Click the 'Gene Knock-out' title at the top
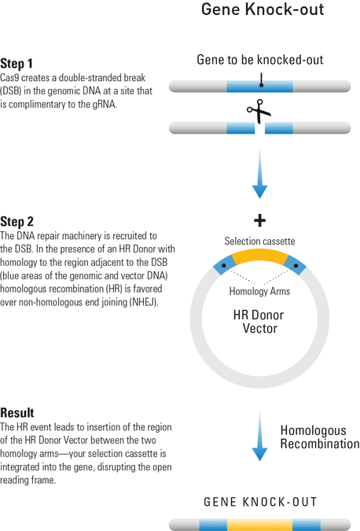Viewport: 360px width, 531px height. pyautogui.click(x=263, y=9)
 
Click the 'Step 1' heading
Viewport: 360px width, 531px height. pyautogui.click(x=17, y=64)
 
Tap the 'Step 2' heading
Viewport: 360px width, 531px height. pyautogui.click(x=17, y=222)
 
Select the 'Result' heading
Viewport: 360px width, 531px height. pyautogui.click(x=17, y=413)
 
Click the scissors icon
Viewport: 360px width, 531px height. pyautogui.click(x=259, y=111)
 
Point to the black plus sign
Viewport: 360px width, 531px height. pyautogui.click(x=259, y=220)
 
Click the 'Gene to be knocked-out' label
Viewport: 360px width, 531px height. pyautogui.click(x=260, y=60)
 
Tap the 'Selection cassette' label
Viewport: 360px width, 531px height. pyautogui.click(x=259, y=242)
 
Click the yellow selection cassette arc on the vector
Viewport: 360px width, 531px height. pyautogui.click(x=259, y=256)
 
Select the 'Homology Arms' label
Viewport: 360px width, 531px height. pyautogui.click(x=259, y=291)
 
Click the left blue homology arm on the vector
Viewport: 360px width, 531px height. pyautogui.click(x=224, y=265)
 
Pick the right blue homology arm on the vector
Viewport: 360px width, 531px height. pyautogui.click(x=295, y=265)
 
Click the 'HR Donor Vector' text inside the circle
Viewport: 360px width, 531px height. pyautogui.click(x=259, y=322)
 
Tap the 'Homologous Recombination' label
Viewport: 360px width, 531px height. pyautogui.click(x=320, y=437)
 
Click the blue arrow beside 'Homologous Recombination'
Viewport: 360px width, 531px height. pyautogui.click(x=260, y=435)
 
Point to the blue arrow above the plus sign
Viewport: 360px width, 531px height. pyautogui.click(x=260, y=173)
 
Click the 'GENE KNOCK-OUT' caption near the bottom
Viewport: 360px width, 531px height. pyautogui.click(x=260, y=502)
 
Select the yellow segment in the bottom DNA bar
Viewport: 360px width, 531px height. pyautogui.click(x=259, y=525)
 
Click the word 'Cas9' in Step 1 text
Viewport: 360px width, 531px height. pyautogui.click(x=9, y=78)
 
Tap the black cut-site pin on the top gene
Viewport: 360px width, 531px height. pyautogui.click(x=261, y=80)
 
